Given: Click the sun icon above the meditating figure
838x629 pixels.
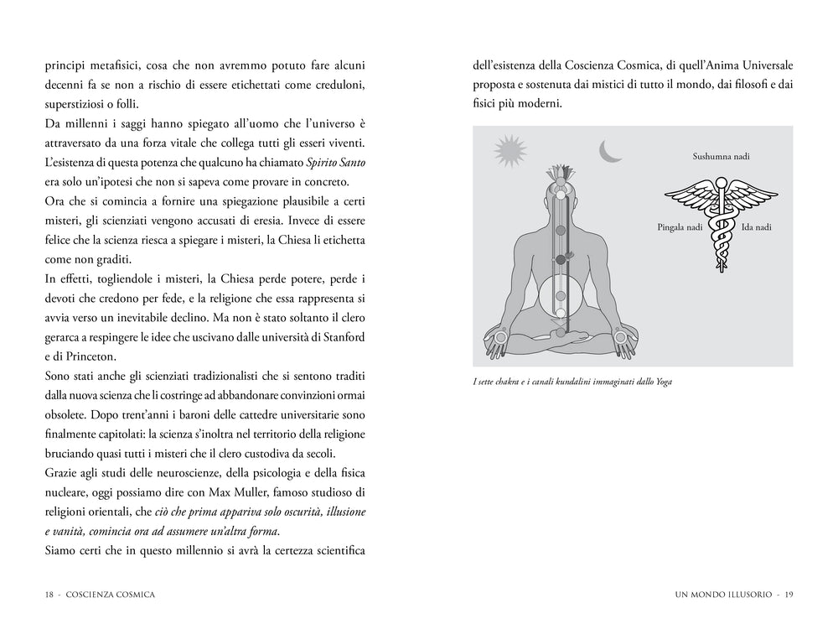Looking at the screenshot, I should click(x=508, y=152).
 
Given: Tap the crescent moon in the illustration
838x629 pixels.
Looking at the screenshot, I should click(x=610, y=150).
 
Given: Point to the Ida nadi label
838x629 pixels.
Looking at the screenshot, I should click(x=757, y=227).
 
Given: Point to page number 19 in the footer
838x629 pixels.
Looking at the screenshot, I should click(x=789, y=595).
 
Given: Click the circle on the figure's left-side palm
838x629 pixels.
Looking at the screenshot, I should click(x=502, y=339).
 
